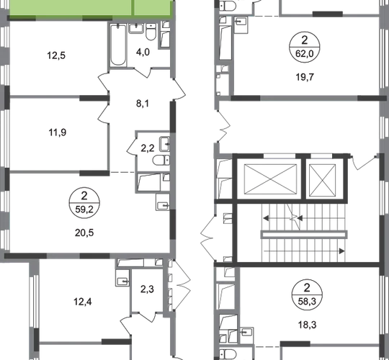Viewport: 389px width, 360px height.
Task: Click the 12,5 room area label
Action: tap(56, 55)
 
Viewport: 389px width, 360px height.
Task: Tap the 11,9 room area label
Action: tap(58, 132)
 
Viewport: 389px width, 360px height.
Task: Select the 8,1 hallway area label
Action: tap(143, 104)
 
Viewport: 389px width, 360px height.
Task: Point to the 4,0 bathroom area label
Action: tap(143, 52)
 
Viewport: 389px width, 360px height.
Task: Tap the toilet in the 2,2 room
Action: tap(161, 160)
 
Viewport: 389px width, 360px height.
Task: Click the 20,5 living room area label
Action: tap(84, 233)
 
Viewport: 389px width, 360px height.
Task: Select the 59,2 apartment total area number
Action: tap(84, 210)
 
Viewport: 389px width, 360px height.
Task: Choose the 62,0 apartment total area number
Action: tap(305, 53)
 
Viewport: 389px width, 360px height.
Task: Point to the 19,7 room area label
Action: tap(305, 77)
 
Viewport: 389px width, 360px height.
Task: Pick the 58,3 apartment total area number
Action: tap(307, 301)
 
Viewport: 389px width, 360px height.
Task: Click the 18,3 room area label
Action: tap(308, 325)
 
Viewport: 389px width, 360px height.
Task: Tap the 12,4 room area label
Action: tap(83, 302)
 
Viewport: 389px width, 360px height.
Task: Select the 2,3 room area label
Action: tap(147, 289)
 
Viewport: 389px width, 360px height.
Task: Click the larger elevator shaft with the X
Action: tap(270, 179)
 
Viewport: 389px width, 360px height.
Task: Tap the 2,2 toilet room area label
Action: tap(148, 148)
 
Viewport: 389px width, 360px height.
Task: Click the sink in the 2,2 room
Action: tap(164, 144)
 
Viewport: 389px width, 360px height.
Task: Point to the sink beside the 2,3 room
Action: tap(122, 280)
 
